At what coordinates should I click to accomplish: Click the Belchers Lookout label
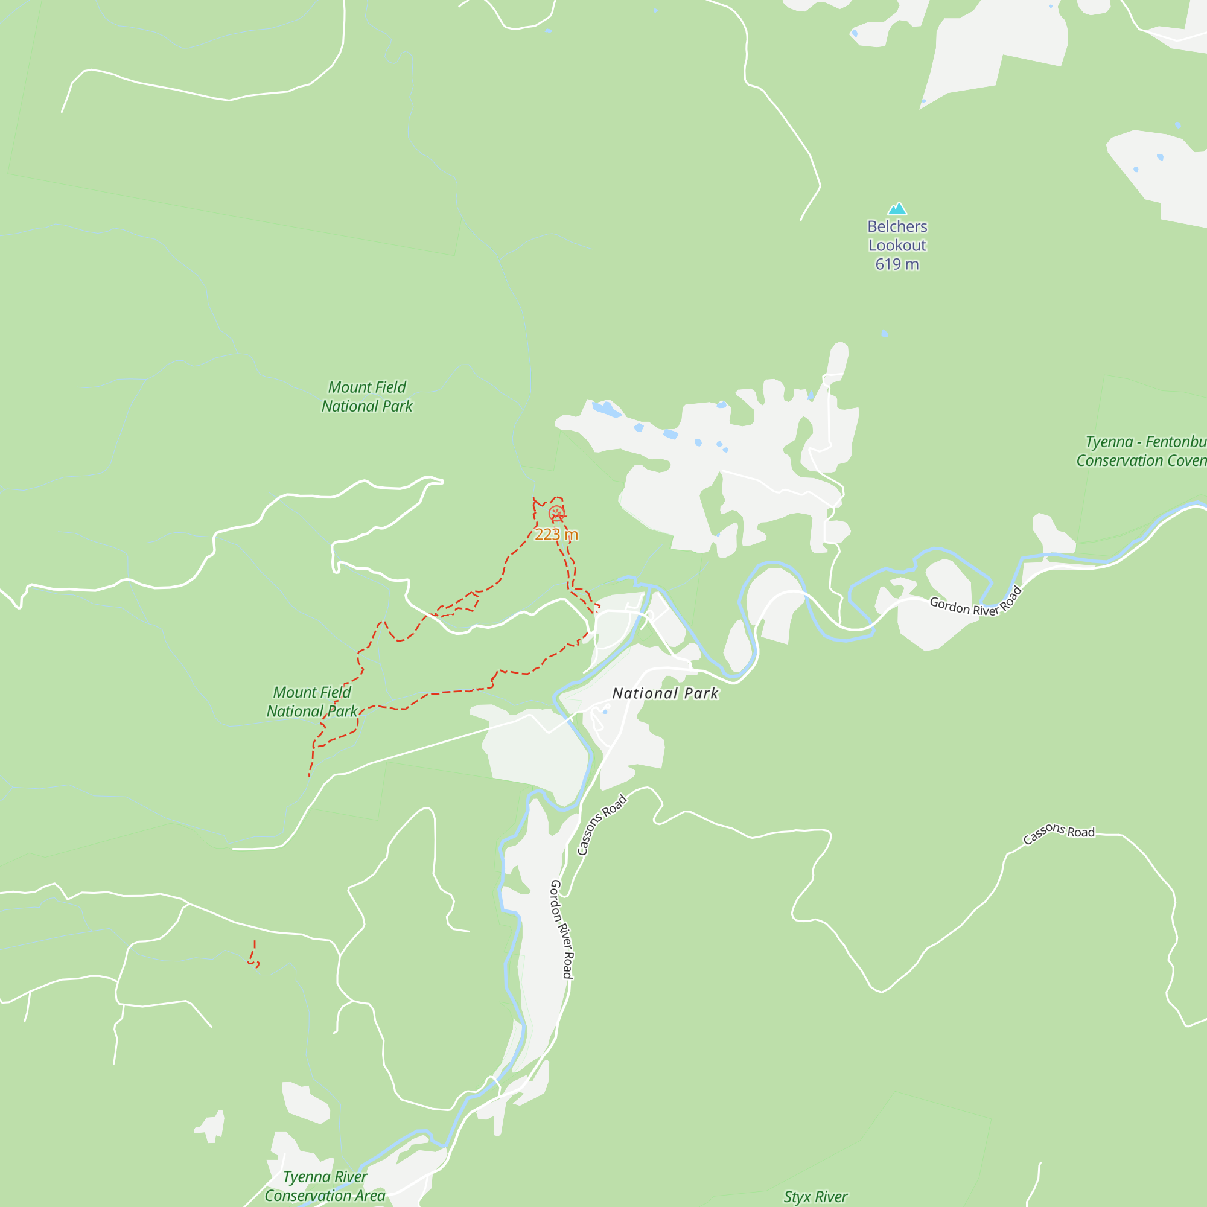coord(897,235)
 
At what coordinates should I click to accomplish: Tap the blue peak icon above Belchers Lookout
coord(897,209)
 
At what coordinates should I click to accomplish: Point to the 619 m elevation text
coord(897,264)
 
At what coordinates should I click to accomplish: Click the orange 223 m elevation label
coord(556,535)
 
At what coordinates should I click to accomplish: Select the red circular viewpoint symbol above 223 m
coord(556,514)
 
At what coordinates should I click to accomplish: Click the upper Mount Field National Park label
coord(368,396)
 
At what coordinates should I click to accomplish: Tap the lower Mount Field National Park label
coord(312,702)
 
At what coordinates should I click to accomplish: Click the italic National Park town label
coord(665,693)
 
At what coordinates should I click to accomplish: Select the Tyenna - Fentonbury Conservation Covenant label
coord(1141,451)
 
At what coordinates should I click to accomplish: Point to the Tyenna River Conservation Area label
coord(325,1186)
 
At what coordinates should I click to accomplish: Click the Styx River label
coord(815,1197)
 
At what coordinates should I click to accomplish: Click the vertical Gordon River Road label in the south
coord(561,929)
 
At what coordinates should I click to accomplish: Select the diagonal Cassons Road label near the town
coord(602,824)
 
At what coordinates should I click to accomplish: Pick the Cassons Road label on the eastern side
coord(1059,833)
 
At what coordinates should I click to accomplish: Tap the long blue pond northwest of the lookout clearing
coord(606,409)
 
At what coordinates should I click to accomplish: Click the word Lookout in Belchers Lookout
coord(897,246)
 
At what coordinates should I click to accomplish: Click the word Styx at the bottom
coord(797,1197)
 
